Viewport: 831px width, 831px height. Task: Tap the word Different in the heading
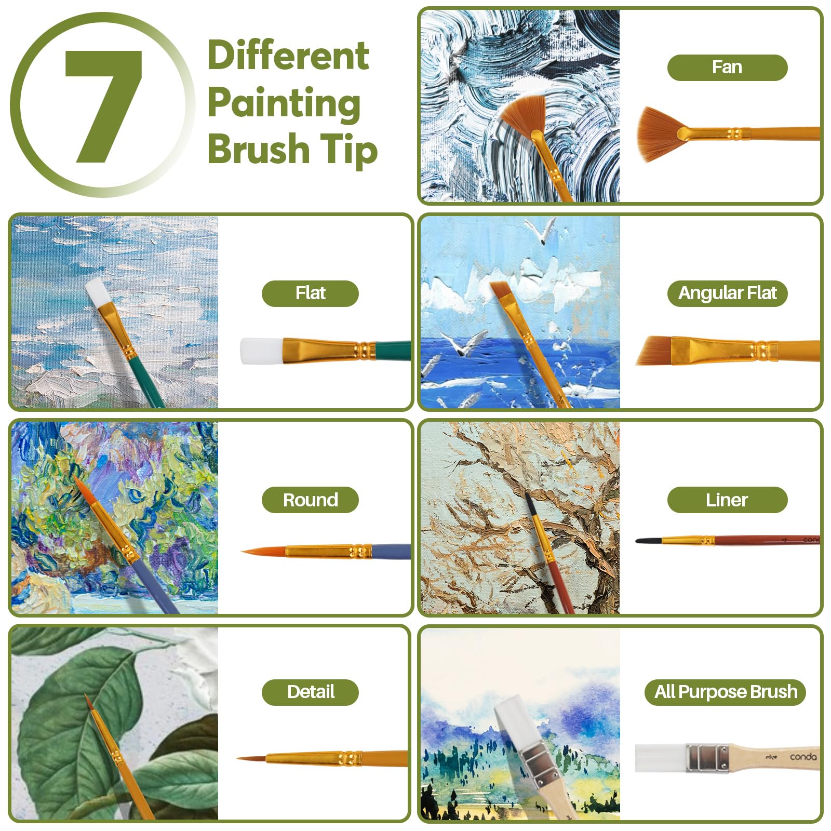pos(288,56)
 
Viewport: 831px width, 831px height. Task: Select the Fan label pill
pos(727,68)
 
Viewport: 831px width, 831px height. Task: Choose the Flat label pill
pos(310,293)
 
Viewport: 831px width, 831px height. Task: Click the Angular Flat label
pos(727,293)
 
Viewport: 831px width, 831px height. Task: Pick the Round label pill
pos(310,500)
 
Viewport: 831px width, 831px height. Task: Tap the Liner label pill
pos(727,500)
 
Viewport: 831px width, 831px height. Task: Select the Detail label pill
pos(310,692)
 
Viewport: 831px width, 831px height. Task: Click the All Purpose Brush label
pos(725,692)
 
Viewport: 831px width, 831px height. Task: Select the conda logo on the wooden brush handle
pos(802,757)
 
